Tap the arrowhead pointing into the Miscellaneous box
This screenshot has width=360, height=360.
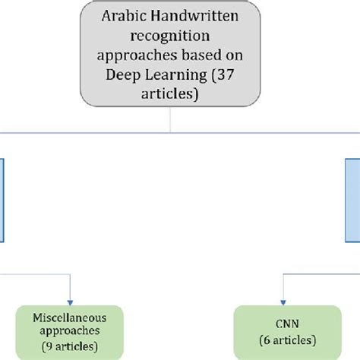pos(70,300)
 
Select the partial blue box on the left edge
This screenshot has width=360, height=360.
pos(3,201)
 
